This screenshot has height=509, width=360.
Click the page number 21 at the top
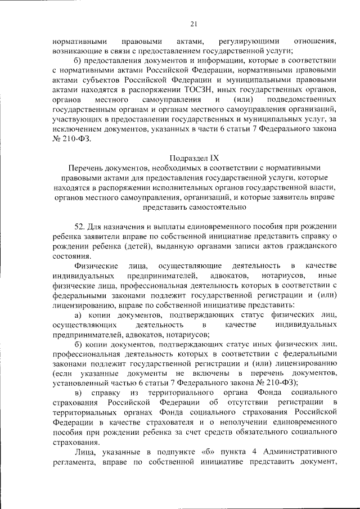coord(193,23)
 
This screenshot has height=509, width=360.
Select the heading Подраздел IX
coord(193,157)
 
